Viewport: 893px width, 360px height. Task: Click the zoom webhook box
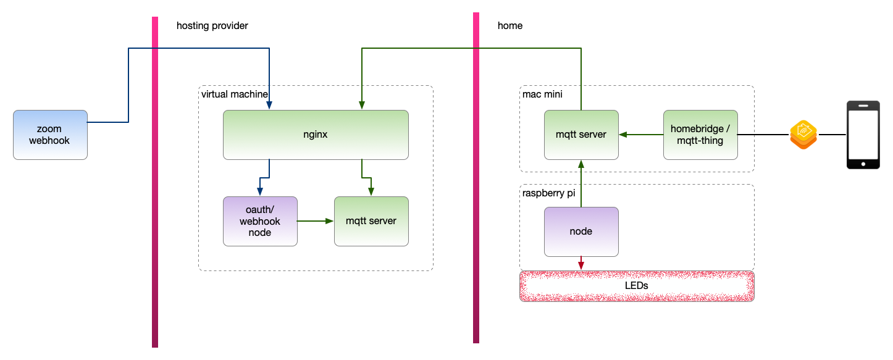coord(50,135)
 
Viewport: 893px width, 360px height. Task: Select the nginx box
coord(316,135)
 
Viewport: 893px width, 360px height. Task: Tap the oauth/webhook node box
coord(259,221)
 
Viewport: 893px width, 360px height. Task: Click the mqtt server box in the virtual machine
coord(371,221)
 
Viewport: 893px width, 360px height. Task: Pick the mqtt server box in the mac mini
coord(581,135)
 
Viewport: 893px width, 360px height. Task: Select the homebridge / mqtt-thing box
coord(700,135)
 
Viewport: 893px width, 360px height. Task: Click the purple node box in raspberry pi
coord(581,232)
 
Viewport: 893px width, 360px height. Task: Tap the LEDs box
coord(637,286)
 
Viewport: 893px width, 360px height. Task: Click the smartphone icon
coord(863,135)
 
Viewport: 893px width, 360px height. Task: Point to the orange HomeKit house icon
coord(803,135)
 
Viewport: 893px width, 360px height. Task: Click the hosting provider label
coord(212,26)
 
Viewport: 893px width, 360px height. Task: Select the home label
coord(509,26)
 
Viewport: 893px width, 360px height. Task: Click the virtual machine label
coord(234,94)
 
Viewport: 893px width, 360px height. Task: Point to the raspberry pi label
coord(548,193)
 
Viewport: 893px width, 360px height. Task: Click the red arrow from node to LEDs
coord(581,263)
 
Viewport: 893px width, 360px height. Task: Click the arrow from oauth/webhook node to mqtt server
coord(315,221)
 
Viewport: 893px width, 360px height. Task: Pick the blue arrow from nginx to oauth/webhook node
coord(269,177)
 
